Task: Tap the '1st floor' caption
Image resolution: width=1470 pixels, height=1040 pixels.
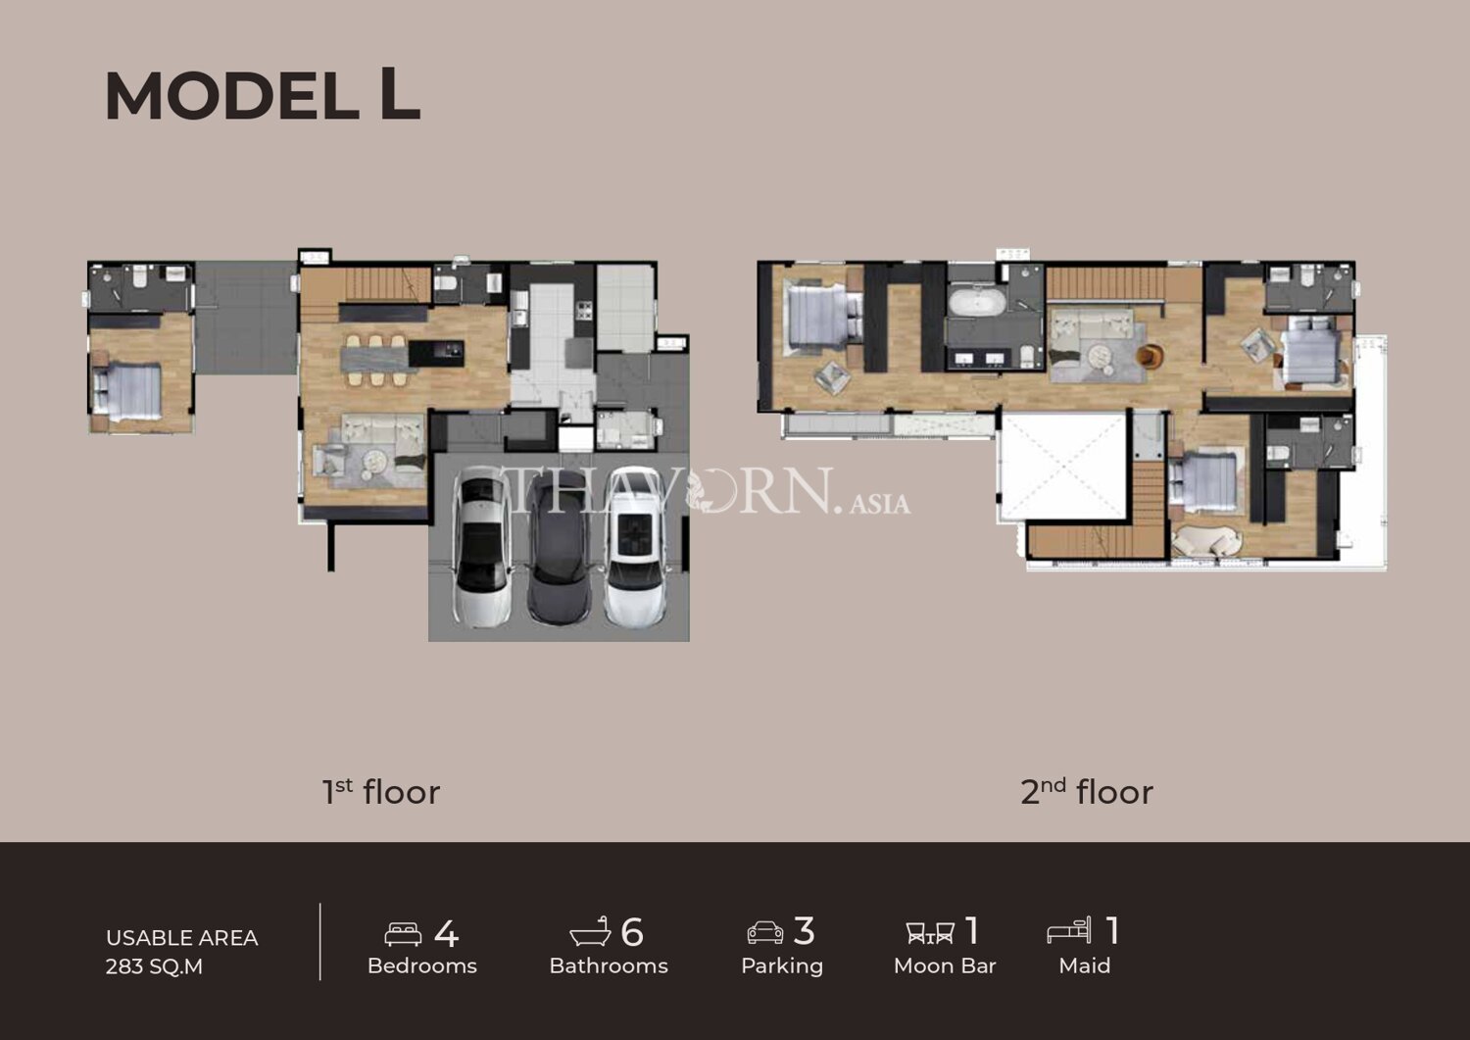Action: click(x=380, y=791)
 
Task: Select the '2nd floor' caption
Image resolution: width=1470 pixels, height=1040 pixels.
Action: click(x=1087, y=791)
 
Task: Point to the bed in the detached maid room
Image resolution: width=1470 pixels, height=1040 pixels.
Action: click(x=127, y=392)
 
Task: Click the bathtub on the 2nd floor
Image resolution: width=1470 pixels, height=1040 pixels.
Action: click(x=976, y=302)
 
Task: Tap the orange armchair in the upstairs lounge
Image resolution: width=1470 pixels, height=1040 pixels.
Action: click(x=1150, y=356)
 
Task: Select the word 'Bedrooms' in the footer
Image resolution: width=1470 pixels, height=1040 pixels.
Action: click(x=422, y=966)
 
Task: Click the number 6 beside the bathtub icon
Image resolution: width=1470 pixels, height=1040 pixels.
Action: click(x=631, y=931)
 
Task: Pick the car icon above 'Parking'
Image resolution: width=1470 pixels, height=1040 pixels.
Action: click(x=765, y=933)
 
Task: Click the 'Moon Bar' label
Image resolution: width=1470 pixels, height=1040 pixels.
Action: click(x=945, y=966)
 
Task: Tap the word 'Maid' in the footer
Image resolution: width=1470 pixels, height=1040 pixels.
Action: click(x=1084, y=966)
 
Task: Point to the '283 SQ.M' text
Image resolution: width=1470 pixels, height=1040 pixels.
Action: click(x=154, y=966)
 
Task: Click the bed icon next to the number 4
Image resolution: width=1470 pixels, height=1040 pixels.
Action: click(x=403, y=934)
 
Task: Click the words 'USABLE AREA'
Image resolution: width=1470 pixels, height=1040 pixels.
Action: click(x=181, y=938)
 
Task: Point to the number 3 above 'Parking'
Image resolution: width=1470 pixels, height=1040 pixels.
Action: click(x=804, y=931)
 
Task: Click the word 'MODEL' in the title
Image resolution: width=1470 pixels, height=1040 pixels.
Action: click(x=231, y=96)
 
